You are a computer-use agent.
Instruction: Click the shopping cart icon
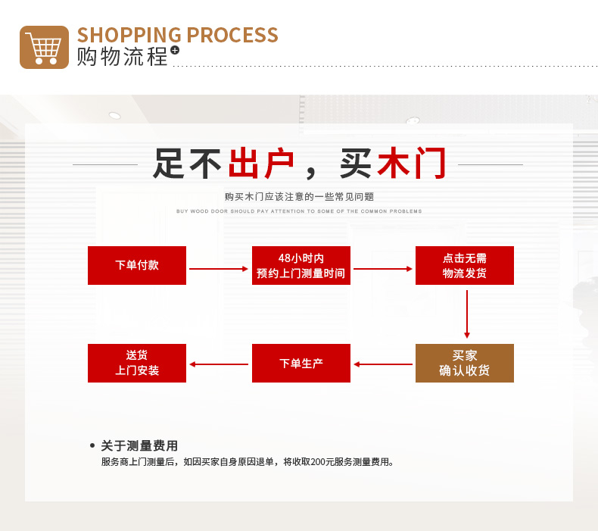point(44,47)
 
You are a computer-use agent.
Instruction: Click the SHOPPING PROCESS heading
point(177,35)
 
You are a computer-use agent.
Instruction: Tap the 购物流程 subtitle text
point(122,57)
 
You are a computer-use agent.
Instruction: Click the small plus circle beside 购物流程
point(175,50)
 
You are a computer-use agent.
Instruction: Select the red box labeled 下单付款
point(137,265)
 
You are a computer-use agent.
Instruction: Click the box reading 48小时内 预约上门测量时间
point(301,265)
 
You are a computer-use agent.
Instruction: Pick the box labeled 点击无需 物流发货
point(465,265)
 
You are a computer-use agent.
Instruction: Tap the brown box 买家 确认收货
point(465,363)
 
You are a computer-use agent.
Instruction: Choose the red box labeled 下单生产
point(301,363)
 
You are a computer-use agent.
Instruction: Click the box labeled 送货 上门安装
point(137,363)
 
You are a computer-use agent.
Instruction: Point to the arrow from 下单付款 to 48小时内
point(219,268)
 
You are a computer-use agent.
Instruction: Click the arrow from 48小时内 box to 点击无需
point(383,268)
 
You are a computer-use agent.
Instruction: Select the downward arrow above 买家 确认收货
point(467,314)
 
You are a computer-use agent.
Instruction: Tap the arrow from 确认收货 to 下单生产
point(383,364)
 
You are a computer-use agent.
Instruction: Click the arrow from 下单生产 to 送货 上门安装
point(219,364)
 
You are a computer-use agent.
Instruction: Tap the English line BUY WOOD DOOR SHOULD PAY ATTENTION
point(299,211)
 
